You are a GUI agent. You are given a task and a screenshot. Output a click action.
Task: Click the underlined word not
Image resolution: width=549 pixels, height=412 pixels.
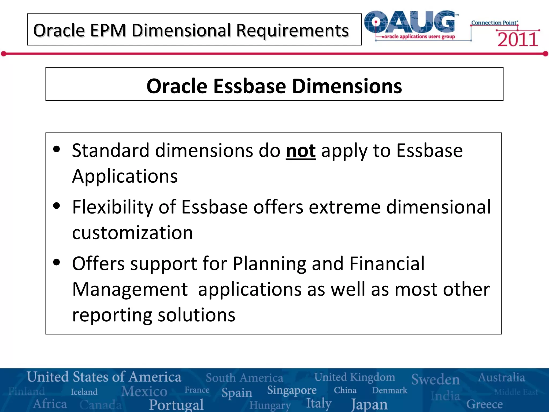point(301,151)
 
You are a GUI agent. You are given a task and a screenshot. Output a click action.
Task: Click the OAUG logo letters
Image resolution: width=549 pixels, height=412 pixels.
point(410,22)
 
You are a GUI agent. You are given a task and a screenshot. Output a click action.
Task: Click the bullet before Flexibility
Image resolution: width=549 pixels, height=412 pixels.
point(57,206)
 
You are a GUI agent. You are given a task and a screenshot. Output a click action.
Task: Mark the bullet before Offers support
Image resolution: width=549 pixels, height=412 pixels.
point(57,263)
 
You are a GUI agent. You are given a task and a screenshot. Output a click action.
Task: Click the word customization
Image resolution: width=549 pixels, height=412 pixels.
point(132,233)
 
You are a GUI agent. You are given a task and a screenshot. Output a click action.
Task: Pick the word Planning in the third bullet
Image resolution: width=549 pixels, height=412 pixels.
point(269,264)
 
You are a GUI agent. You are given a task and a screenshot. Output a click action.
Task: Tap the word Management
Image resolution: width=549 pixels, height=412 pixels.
point(130,289)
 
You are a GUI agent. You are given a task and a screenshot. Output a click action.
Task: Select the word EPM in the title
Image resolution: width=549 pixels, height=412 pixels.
point(108,30)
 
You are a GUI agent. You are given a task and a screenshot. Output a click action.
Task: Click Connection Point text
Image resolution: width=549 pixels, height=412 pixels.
point(494,23)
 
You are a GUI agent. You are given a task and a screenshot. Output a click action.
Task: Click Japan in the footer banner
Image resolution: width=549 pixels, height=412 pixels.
point(369,404)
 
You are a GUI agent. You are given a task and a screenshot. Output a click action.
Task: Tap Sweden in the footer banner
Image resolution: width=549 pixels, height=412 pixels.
point(435,379)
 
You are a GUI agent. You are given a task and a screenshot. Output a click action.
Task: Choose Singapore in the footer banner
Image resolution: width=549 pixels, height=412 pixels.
point(292,391)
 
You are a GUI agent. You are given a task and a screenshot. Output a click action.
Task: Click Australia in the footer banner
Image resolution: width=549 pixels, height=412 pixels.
point(501,378)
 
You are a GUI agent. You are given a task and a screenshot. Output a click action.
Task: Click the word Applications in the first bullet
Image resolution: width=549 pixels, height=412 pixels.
point(125,176)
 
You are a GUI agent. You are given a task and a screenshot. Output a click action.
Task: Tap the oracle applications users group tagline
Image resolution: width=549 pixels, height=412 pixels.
point(419,36)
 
